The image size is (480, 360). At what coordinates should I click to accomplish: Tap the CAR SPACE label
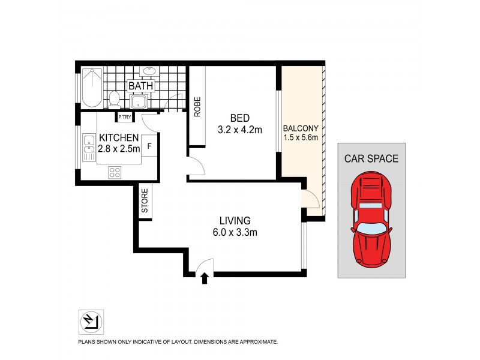click(371, 159)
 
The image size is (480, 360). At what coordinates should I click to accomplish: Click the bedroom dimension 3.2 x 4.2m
click(240, 128)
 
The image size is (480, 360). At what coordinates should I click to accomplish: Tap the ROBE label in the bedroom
click(196, 106)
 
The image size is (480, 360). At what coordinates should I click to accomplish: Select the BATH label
click(141, 86)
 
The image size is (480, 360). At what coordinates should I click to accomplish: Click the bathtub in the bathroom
click(92, 88)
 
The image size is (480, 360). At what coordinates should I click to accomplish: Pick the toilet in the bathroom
click(114, 98)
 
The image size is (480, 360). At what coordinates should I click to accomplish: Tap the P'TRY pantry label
click(125, 117)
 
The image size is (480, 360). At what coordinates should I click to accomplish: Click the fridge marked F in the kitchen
click(149, 146)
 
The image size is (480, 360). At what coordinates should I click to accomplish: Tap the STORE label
click(145, 202)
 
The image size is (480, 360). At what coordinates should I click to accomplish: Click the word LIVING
click(235, 220)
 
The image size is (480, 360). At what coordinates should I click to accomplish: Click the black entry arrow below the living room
click(205, 278)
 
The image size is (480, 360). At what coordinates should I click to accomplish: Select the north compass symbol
click(91, 322)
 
